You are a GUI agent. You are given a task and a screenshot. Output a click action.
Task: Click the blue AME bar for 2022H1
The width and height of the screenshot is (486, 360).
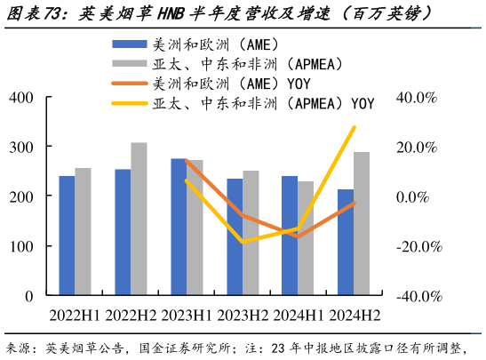point(67,236)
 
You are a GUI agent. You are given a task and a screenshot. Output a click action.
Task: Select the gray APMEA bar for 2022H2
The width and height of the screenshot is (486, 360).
point(139,219)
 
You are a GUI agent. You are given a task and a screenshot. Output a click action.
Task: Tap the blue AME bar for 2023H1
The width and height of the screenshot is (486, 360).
point(179,227)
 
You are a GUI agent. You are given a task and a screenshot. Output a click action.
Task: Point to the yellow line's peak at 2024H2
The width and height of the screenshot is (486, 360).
point(354,127)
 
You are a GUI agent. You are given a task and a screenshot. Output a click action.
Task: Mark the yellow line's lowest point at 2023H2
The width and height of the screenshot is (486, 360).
point(243,242)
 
